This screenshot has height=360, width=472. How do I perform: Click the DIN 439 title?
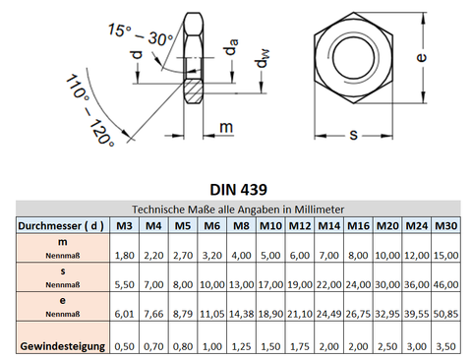(238, 190)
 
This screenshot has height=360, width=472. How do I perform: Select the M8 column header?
(241, 225)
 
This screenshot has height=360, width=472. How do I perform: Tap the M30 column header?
(445, 225)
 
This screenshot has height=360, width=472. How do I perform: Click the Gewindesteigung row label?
(63, 346)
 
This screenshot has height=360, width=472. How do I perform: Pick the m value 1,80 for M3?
(125, 255)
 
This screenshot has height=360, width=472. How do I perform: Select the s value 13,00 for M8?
(241, 284)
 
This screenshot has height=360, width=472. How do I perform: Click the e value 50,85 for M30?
(445, 314)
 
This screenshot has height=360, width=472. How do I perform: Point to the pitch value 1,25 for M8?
(241, 346)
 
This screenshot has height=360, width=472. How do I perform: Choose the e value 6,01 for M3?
(125, 314)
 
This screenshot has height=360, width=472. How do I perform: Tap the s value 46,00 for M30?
(445, 284)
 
